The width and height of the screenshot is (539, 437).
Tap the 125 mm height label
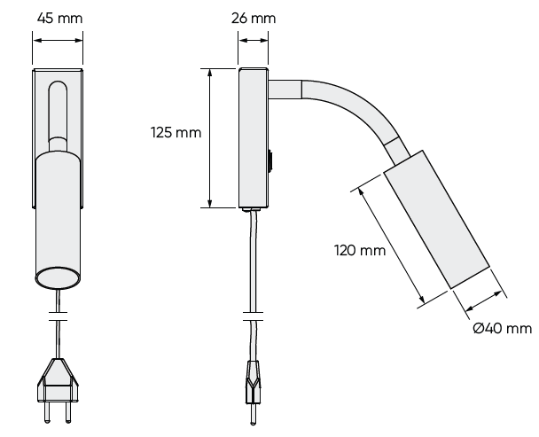(177, 133)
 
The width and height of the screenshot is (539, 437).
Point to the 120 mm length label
(360, 251)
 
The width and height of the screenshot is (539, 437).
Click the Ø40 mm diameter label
(502, 329)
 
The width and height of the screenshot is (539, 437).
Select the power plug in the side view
(253, 381)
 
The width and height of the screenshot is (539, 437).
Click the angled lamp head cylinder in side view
(436, 226)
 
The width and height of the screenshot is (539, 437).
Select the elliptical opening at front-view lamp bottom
(58, 277)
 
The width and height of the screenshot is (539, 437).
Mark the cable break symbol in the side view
(253, 315)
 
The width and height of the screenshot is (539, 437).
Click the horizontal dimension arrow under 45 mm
(58, 38)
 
